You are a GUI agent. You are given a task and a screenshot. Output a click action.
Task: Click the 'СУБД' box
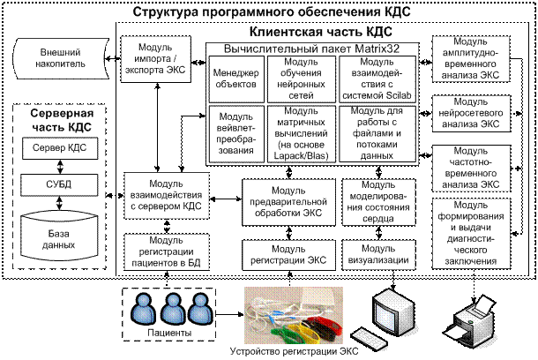(x=61, y=184)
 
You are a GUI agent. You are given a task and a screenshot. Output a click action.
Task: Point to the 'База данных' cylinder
(x=61, y=231)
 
